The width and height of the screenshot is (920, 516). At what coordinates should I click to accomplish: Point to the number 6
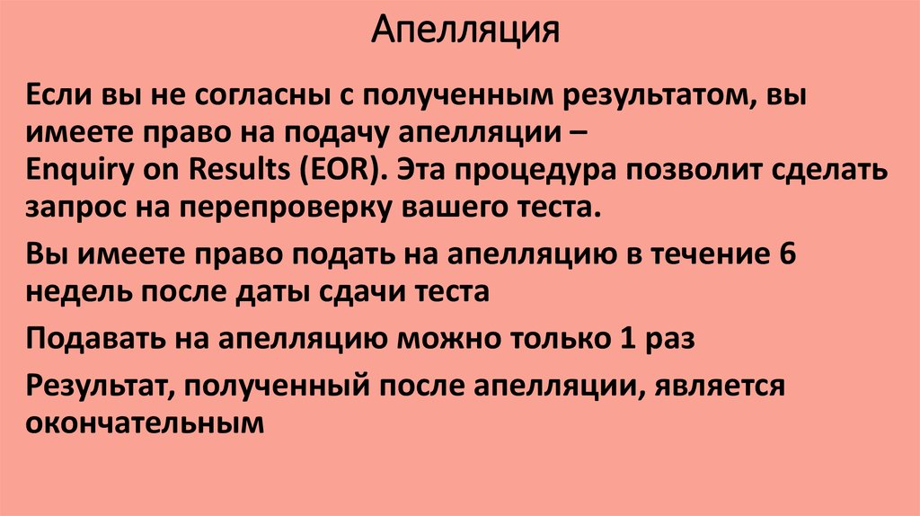[787, 254]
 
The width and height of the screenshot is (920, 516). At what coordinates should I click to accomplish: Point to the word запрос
[75, 209]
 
